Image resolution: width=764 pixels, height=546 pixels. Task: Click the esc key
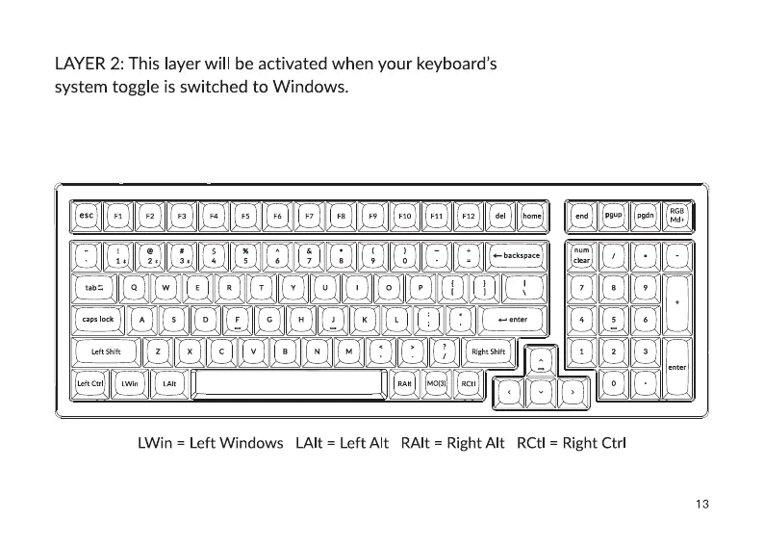pyautogui.click(x=86, y=217)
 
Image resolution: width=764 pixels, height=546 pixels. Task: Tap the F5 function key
pyautogui.click(x=245, y=217)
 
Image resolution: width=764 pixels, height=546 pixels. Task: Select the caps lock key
pyautogui.click(x=98, y=320)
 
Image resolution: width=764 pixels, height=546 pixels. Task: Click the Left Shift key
pyautogui.click(x=106, y=352)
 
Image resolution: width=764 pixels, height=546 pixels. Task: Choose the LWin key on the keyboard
pyautogui.click(x=130, y=384)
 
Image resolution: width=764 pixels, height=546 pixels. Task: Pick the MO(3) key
pyautogui.click(x=436, y=384)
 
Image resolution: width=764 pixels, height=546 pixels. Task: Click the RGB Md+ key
pyautogui.click(x=677, y=216)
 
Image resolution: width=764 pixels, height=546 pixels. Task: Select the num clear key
pyautogui.click(x=582, y=255)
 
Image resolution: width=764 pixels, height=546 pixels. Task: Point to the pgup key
pyautogui.click(x=613, y=216)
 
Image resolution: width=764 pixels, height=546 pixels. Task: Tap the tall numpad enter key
pyautogui.click(x=677, y=367)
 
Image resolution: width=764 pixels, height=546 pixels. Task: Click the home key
pyautogui.click(x=532, y=217)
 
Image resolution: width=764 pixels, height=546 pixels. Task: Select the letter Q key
pyautogui.click(x=134, y=287)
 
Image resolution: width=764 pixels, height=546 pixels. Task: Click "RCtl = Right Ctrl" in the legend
pyautogui.click(x=572, y=444)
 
